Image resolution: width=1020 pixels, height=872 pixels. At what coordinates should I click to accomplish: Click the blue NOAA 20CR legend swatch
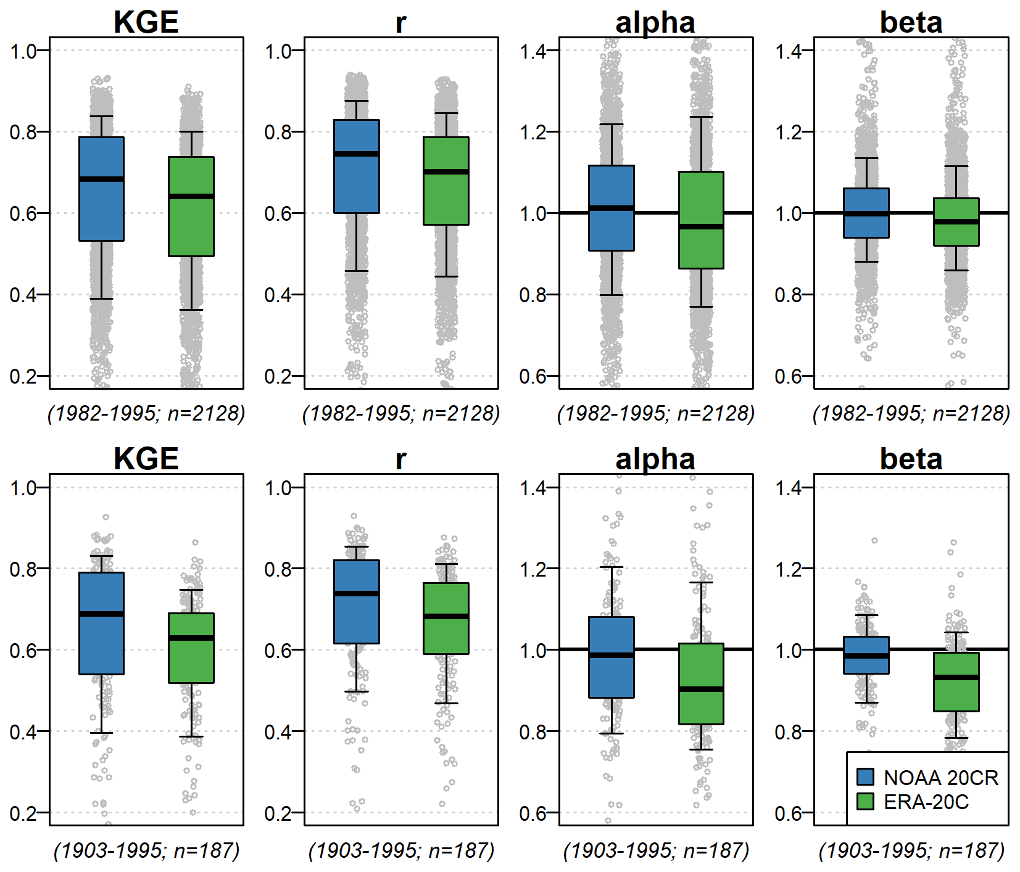coord(865,777)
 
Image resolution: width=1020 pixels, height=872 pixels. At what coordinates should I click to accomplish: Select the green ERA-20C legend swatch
coord(865,802)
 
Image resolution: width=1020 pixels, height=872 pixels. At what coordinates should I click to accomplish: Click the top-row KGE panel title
coord(146,23)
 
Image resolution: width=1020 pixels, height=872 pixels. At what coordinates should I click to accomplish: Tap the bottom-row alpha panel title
coord(655,459)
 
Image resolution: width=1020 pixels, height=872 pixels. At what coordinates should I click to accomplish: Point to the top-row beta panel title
coord(911,23)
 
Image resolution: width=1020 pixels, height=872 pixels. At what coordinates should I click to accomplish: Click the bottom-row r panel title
coord(400,459)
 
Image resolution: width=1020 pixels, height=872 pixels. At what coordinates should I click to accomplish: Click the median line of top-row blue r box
coord(357,154)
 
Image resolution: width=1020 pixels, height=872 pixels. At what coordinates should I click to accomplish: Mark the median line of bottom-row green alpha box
coord(701,689)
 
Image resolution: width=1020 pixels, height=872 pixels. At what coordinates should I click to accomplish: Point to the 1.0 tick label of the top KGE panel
coord(23,51)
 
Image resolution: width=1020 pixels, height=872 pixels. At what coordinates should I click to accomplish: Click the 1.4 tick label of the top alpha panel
coord(533,51)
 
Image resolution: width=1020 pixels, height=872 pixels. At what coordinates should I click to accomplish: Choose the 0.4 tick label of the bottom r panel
coord(278,732)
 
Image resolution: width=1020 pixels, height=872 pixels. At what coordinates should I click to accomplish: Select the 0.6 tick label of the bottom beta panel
coord(788,813)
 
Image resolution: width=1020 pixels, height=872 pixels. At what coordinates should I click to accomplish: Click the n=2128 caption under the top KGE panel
coord(146,413)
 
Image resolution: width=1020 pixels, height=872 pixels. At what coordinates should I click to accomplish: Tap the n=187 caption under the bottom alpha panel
coord(656,851)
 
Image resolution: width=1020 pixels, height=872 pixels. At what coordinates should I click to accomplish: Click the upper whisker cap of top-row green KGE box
coord(191,131)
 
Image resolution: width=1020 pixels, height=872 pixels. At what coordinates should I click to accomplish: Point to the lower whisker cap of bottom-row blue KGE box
coord(102,733)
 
